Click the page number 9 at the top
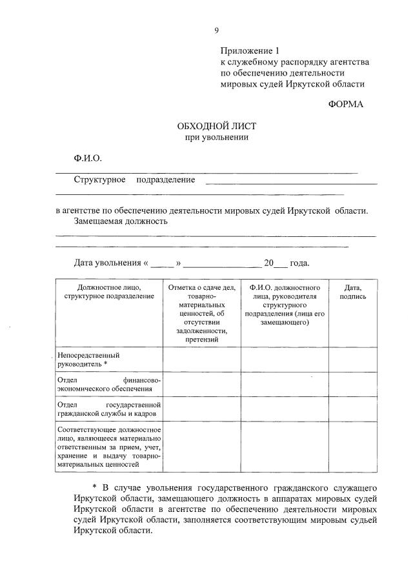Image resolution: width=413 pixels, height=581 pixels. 217,30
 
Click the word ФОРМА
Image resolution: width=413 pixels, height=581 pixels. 346,104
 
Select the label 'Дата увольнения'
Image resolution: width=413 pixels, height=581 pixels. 108,263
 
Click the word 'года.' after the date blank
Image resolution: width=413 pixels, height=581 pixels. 299,263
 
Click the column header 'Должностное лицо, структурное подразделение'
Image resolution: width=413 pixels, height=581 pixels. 109,292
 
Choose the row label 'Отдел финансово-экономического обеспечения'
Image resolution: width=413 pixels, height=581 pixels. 108,384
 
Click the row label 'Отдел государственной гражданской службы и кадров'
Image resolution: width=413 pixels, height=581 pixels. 108,409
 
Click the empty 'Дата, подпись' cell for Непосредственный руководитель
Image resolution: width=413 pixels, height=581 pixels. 353,360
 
